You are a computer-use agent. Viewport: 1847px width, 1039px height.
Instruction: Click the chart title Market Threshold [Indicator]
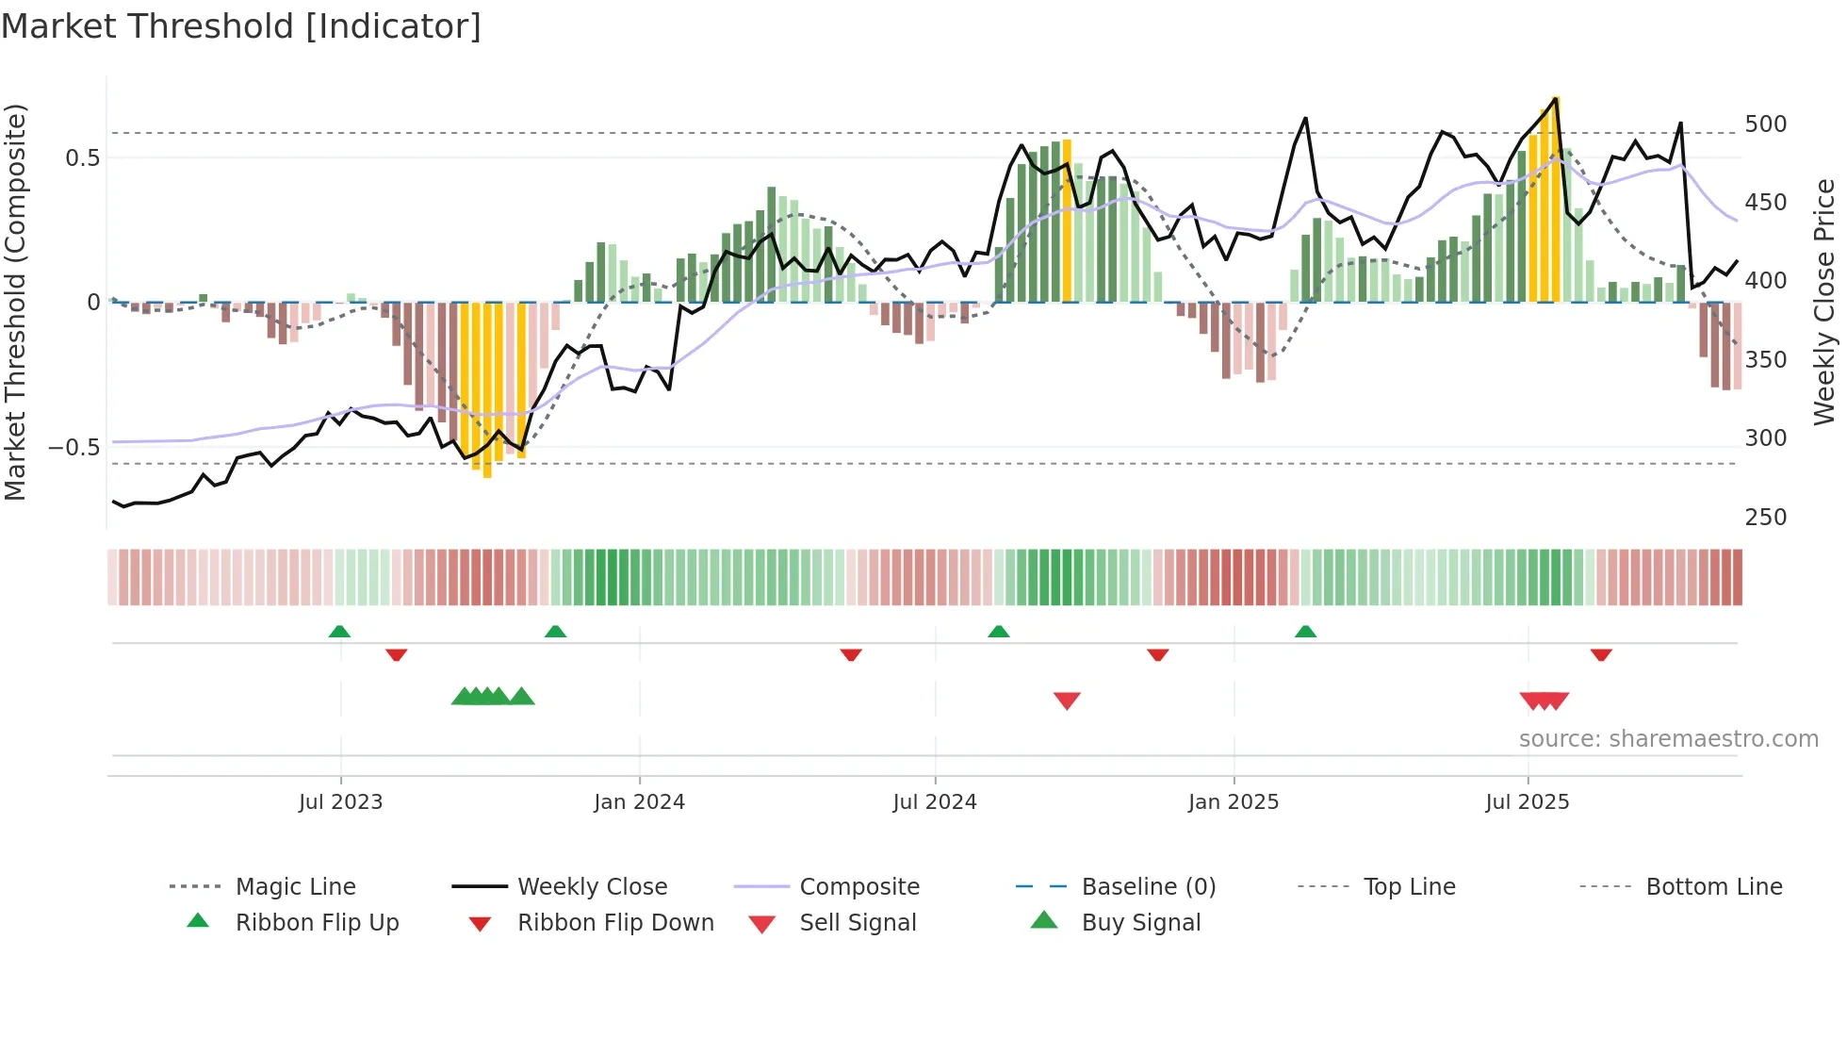(x=241, y=26)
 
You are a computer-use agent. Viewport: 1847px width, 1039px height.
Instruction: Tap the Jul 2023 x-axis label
(x=340, y=802)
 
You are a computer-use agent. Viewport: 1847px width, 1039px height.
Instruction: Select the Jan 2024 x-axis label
(x=639, y=802)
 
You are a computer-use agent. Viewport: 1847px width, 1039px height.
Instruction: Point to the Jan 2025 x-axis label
(x=1233, y=802)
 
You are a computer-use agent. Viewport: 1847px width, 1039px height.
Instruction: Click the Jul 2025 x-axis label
(x=1527, y=802)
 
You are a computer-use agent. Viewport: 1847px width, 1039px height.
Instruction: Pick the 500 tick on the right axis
(x=1765, y=124)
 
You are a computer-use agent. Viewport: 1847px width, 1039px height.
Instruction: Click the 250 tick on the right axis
(x=1765, y=518)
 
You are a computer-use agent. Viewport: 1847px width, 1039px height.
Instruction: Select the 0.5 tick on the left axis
(x=82, y=157)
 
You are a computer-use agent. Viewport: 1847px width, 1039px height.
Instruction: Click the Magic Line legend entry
(x=295, y=887)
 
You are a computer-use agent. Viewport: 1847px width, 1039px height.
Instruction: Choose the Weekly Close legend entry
(x=592, y=887)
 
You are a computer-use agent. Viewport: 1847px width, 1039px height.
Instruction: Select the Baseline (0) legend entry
(x=1148, y=887)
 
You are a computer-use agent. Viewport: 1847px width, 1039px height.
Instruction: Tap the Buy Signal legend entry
(x=1140, y=923)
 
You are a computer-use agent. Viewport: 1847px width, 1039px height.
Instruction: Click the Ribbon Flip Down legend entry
(x=615, y=923)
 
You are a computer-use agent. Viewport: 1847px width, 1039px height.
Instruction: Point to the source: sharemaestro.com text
(x=1668, y=739)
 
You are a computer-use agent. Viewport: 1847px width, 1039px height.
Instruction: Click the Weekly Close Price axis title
(x=1824, y=302)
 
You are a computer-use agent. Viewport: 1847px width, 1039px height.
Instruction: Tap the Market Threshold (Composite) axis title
(x=15, y=302)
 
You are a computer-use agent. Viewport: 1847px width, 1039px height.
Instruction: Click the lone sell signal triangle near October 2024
(x=1067, y=700)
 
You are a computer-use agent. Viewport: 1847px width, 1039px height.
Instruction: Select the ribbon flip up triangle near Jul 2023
(x=339, y=632)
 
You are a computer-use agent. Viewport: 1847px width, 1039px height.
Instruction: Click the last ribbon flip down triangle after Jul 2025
(x=1601, y=654)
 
